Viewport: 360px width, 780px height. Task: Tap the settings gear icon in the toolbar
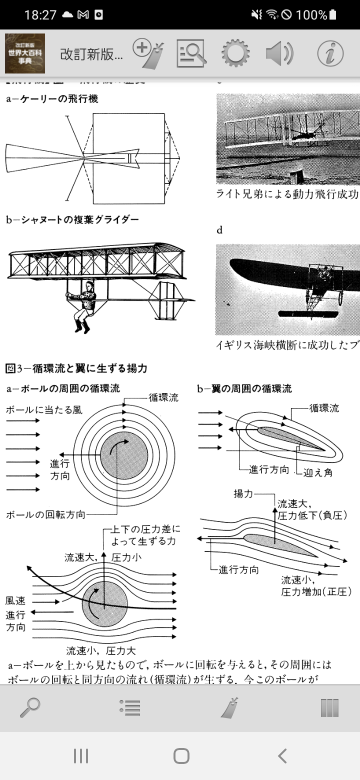point(235,53)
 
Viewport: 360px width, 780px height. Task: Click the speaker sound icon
point(279,53)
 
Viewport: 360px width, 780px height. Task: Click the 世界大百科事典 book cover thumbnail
point(25,53)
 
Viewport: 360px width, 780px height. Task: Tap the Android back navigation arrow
point(282,755)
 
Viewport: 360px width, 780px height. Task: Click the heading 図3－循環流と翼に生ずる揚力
point(76,368)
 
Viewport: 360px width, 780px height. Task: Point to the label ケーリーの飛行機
point(52,98)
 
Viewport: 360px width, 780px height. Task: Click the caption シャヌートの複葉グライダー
point(72,219)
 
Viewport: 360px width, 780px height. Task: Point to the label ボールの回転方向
point(45,514)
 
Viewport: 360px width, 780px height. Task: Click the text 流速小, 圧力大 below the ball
point(101,650)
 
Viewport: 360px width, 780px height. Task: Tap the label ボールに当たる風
point(44,410)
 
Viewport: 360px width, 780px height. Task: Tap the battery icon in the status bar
point(333,14)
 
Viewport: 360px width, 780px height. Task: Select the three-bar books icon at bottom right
point(329,707)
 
